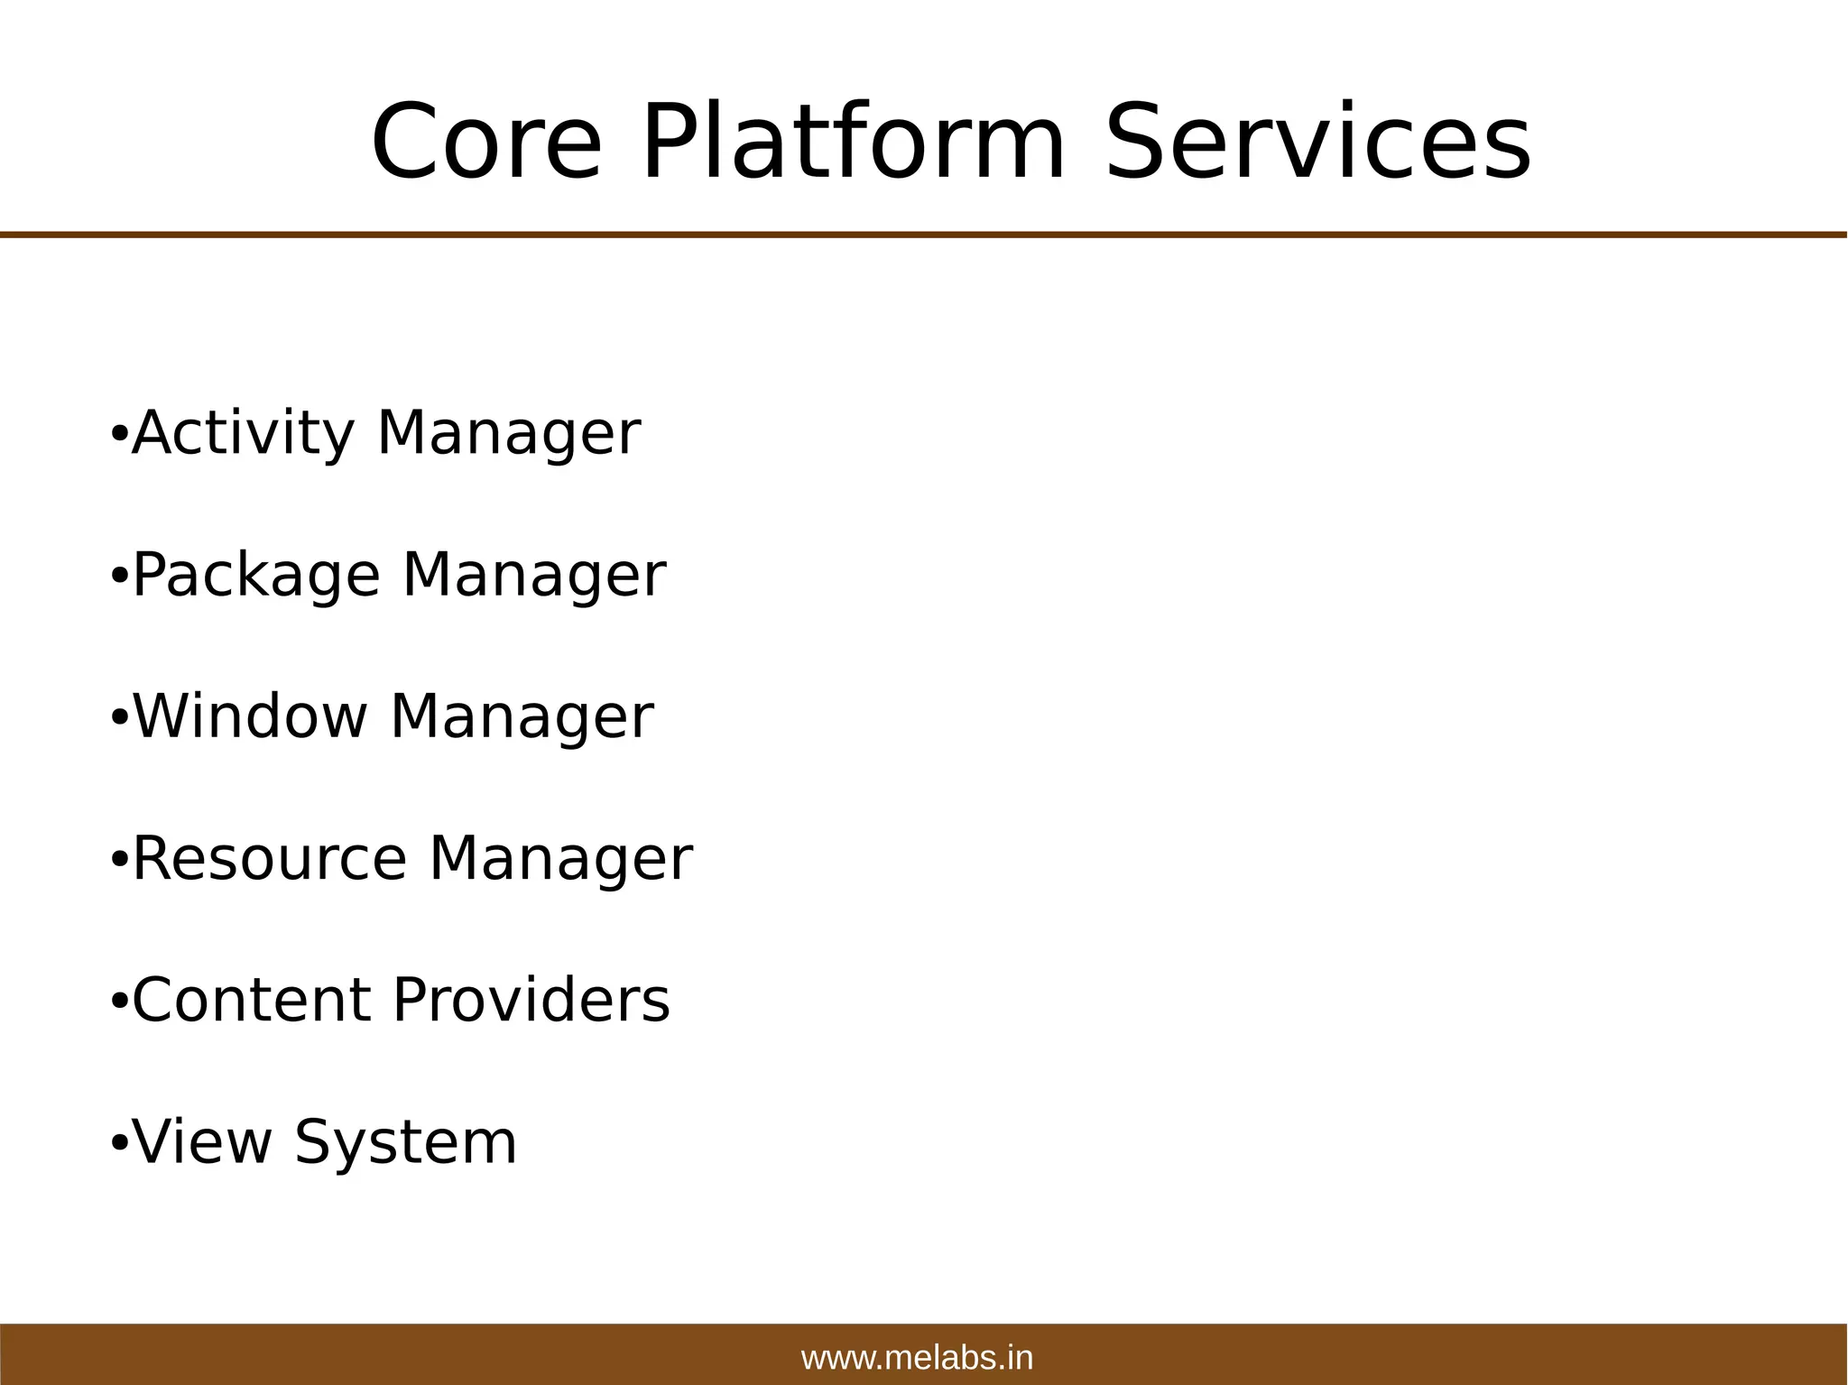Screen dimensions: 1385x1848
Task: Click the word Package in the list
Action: click(x=256, y=576)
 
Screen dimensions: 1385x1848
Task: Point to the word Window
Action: click(x=250, y=717)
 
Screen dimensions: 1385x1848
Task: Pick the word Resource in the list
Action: click(x=270, y=859)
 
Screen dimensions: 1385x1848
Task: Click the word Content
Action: click(x=252, y=1001)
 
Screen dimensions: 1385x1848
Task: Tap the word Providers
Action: click(x=531, y=1001)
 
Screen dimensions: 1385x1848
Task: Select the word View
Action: click(x=202, y=1142)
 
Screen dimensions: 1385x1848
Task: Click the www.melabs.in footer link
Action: click(x=917, y=1358)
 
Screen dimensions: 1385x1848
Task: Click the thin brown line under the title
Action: click(x=924, y=235)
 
